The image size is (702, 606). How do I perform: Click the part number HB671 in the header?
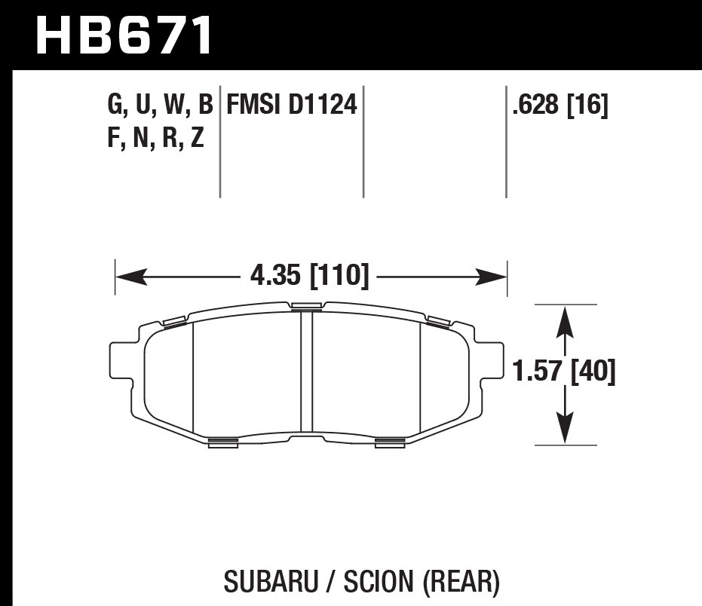[124, 35]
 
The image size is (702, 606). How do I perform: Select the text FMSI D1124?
[292, 105]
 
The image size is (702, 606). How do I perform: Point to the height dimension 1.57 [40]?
[564, 372]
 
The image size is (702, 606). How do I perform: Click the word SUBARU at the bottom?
[265, 581]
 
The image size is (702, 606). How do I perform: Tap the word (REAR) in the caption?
[461, 581]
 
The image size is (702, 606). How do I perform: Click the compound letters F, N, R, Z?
[156, 138]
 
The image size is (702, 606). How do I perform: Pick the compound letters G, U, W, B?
[160, 105]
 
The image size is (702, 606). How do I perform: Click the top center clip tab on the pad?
[305, 305]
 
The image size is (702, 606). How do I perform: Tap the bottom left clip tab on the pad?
[222, 442]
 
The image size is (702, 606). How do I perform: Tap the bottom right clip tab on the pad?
[390, 442]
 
